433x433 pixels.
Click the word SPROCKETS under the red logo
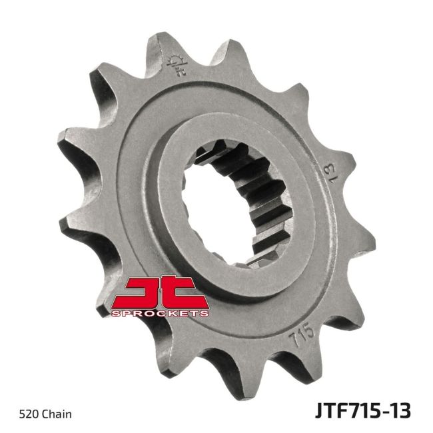click(161, 312)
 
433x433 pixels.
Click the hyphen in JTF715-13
click(385, 411)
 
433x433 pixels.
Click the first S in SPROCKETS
click(115, 312)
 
